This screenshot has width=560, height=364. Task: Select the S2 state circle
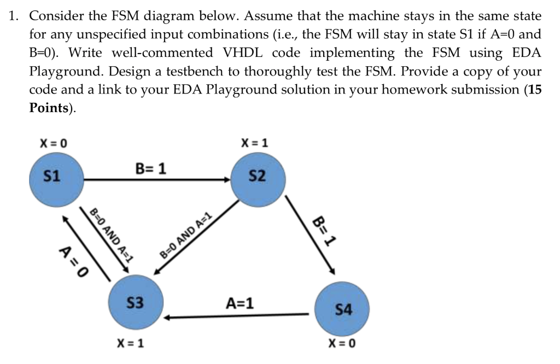coord(257,177)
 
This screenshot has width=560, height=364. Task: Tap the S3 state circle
coord(135,302)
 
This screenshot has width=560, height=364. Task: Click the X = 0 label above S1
coord(53,143)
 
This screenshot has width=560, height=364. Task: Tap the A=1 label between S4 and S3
coord(240,303)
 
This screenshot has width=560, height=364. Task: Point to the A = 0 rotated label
coord(73,261)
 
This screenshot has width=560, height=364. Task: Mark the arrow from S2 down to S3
coord(197,238)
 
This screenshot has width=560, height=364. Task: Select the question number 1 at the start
coord(12,15)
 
